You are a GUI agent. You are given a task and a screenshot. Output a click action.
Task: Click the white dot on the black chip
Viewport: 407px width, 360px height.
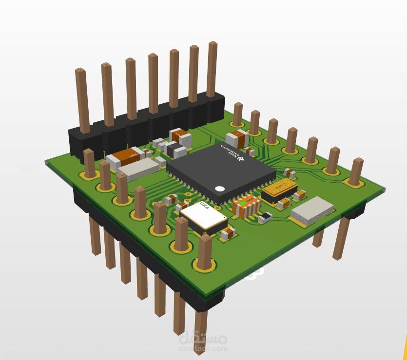pos(220,188)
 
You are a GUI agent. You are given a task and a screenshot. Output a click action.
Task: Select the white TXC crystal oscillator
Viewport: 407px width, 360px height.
pos(203,216)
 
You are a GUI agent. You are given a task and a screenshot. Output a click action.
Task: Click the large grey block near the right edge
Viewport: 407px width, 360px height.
pos(312,210)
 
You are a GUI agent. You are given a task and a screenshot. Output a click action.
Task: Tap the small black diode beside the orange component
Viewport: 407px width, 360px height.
pos(265,217)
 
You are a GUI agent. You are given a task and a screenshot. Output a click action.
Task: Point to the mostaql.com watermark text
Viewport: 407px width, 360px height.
pos(204,348)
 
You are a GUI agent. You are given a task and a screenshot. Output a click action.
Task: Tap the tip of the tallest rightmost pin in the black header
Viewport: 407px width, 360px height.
pos(212,45)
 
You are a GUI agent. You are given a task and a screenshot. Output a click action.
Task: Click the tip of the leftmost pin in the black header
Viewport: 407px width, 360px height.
pos(80,72)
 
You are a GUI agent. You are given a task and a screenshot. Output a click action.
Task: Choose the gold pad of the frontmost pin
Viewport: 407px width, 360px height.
pos(204,265)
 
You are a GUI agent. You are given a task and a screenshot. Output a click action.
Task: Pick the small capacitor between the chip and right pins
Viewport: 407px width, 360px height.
pos(290,172)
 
